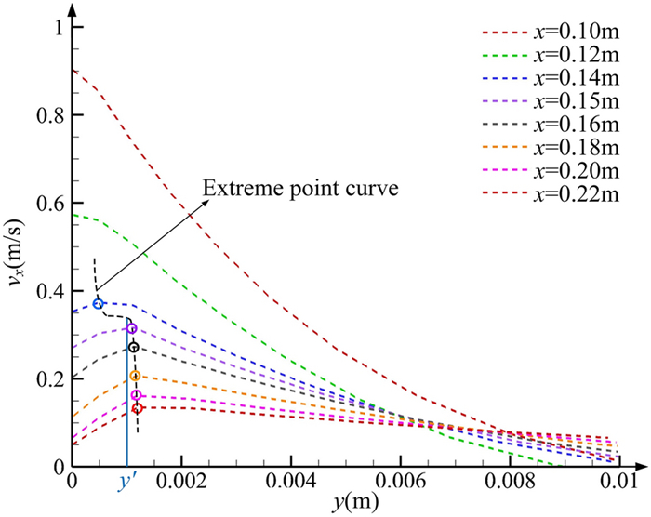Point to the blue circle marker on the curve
(x=99, y=304)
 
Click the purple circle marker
(x=132, y=328)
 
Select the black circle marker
(x=133, y=348)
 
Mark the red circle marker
(x=137, y=408)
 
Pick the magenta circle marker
(x=137, y=395)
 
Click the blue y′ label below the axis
(x=127, y=484)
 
